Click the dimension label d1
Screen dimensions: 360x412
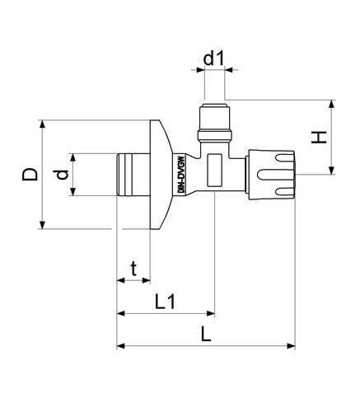click(x=213, y=59)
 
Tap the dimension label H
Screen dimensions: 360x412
click(x=319, y=138)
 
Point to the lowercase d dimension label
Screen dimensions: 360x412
click(x=62, y=175)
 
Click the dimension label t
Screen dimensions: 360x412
click(x=133, y=269)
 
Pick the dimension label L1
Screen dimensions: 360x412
click(x=165, y=302)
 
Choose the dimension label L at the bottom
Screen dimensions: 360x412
click(x=206, y=334)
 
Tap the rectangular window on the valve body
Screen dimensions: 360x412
click(x=214, y=170)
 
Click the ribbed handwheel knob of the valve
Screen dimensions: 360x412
click(x=271, y=175)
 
